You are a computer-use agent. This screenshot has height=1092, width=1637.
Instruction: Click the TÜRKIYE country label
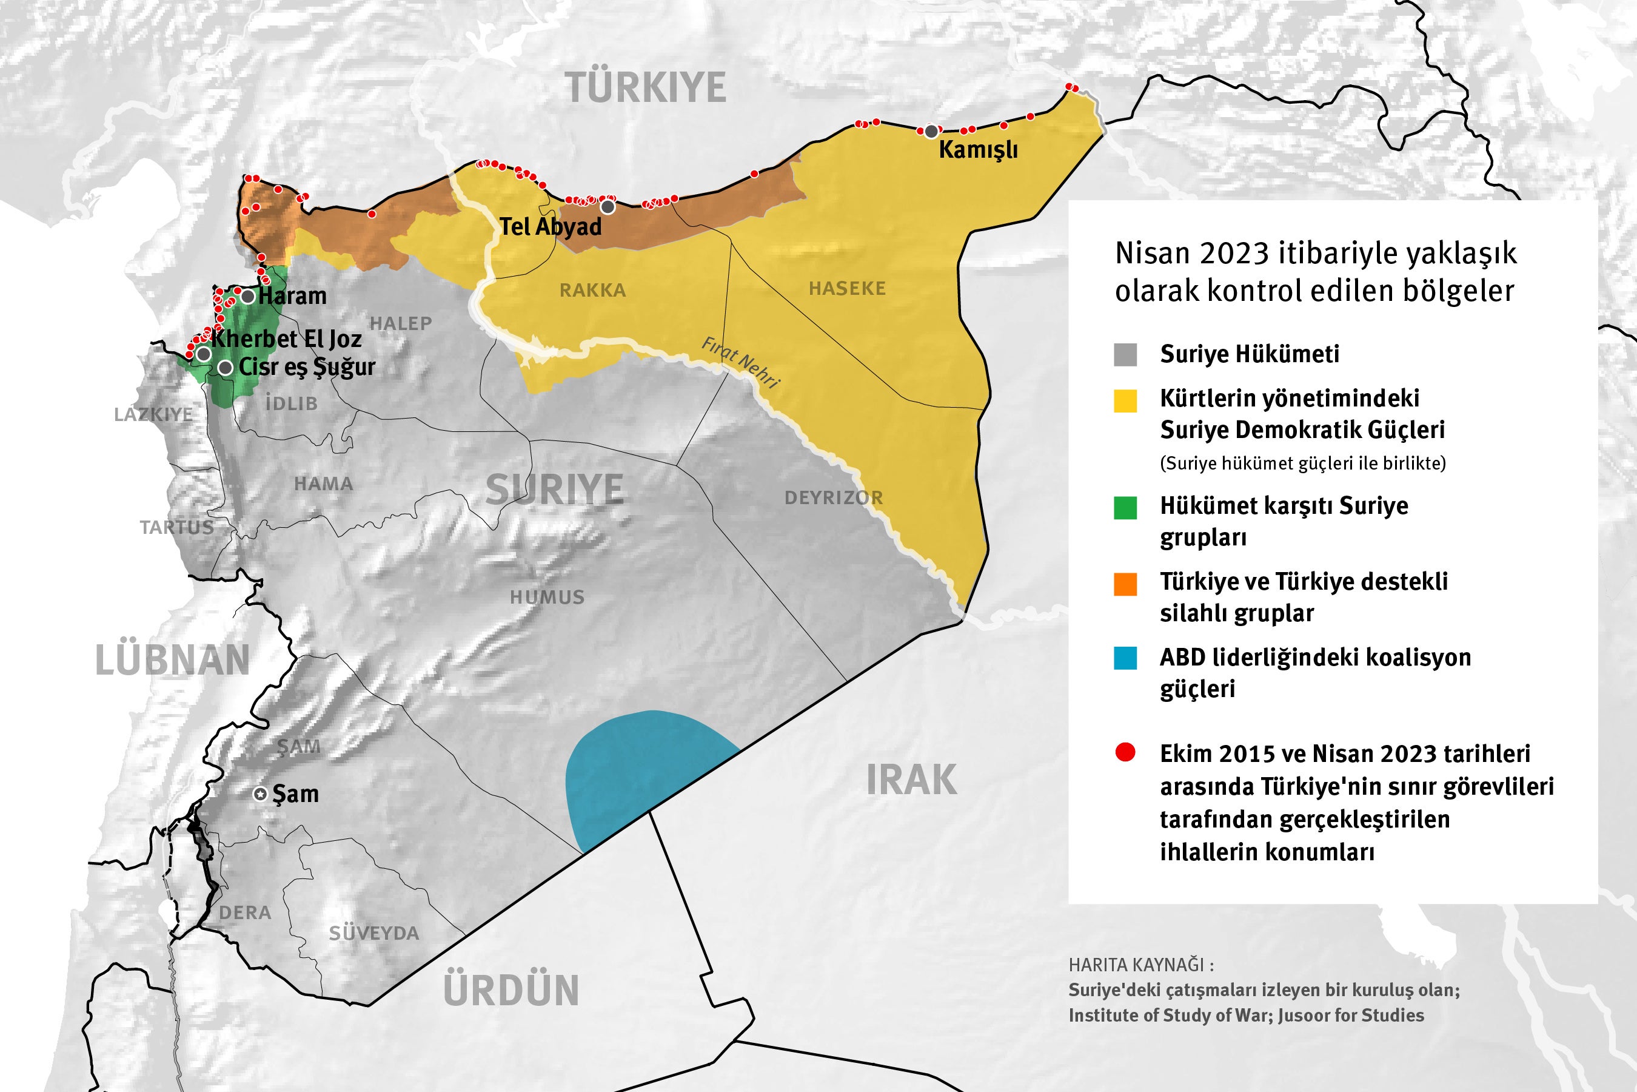[x=646, y=89]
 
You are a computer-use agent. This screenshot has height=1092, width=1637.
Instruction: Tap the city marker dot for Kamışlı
[x=931, y=132]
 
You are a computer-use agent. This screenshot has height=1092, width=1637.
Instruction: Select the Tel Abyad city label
[x=551, y=226]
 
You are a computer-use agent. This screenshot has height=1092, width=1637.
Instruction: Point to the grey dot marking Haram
[x=247, y=297]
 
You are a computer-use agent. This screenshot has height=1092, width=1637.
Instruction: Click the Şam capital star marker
[x=259, y=794]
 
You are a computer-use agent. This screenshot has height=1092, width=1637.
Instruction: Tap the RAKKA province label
[x=592, y=291]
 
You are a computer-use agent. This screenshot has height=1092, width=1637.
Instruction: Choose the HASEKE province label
[x=847, y=288]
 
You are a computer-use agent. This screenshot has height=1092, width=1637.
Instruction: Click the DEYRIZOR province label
[x=833, y=498]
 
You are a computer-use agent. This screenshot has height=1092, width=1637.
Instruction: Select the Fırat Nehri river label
[x=740, y=362]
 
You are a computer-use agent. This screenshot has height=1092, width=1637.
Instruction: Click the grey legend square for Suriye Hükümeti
[x=1125, y=354]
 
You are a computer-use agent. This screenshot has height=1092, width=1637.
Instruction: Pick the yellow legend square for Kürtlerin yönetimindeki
[x=1125, y=401]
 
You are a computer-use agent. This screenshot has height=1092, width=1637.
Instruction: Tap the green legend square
[x=1125, y=508]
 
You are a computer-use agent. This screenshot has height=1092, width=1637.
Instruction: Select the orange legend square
[x=1125, y=584]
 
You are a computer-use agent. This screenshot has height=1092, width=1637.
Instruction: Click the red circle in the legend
[x=1125, y=752]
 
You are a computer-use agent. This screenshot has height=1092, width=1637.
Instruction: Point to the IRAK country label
[x=911, y=780]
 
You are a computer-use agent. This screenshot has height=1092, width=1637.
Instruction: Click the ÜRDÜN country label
[x=511, y=990]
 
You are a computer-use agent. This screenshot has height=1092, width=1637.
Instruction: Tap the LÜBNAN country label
[x=172, y=661]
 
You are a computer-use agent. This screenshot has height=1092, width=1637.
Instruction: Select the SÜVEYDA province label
[x=373, y=933]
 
